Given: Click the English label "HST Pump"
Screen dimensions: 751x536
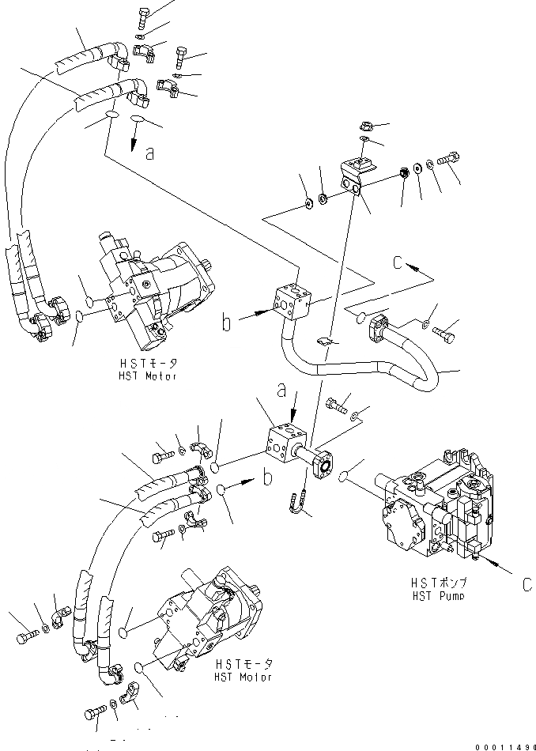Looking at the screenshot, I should click(437, 595).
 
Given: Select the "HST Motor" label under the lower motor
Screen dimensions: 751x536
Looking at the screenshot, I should click(243, 677).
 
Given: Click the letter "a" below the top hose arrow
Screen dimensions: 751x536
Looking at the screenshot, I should click(150, 154).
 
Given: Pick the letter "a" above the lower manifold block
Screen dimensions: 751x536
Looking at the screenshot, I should click(281, 391).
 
